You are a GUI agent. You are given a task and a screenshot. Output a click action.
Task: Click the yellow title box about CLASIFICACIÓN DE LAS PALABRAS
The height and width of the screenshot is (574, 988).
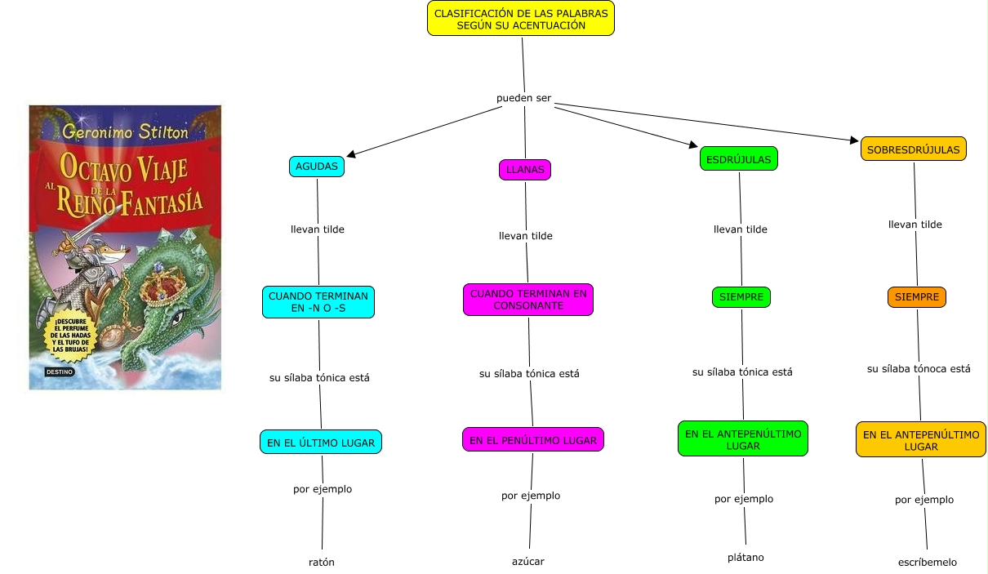(x=520, y=19)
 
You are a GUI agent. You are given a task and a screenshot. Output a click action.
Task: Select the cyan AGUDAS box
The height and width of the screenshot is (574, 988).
(x=316, y=167)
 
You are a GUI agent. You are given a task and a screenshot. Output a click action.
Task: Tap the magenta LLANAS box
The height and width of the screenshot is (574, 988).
(x=525, y=170)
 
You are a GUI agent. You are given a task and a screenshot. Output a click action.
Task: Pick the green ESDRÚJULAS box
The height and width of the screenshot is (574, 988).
(x=738, y=159)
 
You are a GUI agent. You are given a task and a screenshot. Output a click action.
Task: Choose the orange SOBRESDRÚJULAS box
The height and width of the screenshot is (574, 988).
(x=913, y=149)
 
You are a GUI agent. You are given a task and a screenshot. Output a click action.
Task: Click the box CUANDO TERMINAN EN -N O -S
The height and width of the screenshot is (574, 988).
(x=318, y=302)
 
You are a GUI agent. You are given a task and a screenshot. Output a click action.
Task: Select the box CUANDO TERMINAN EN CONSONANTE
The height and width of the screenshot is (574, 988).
(x=527, y=300)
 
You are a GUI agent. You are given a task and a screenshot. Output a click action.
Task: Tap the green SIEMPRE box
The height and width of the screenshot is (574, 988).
(x=741, y=297)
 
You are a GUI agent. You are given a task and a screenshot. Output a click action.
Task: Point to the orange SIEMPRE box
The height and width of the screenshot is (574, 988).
(x=916, y=297)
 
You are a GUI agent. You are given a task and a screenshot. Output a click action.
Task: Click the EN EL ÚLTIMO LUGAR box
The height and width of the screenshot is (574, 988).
(x=320, y=443)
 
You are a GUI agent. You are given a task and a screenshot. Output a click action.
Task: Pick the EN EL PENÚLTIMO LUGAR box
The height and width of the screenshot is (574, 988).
(x=532, y=440)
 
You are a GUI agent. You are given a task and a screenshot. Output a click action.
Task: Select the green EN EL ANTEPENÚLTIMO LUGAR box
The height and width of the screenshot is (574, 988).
(x=742, y=439)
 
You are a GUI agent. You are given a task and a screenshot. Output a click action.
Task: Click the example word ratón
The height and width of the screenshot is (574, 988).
(x=321, y=562)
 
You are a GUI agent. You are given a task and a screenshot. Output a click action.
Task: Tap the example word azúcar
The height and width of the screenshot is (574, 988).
(x=527, y=561)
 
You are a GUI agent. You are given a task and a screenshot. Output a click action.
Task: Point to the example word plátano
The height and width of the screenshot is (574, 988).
(x=745, y=558)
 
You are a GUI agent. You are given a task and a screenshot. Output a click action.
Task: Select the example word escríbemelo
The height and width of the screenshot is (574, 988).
(x=927, y=562)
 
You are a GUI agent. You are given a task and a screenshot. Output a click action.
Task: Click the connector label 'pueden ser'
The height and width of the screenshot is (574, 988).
(x=523, y=98)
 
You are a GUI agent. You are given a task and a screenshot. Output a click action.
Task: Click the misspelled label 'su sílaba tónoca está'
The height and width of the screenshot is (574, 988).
(x=919, y=369)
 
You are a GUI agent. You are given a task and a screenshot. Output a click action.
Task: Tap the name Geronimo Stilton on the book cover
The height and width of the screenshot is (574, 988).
(x=125, y=131)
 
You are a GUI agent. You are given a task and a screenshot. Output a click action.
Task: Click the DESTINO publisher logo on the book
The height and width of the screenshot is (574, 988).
(x=59, y=372)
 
